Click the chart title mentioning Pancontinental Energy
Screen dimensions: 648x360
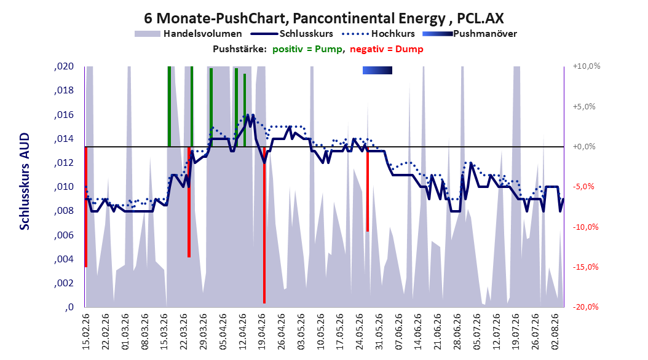[323, 18]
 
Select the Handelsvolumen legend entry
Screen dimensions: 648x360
[189, 34]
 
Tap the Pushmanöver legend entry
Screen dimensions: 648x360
[470, 34]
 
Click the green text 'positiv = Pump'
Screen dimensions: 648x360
[307, 49]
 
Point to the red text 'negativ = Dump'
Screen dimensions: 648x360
[387, 49]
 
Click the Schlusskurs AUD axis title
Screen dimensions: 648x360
[25, 181]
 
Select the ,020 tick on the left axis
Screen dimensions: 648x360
[64, 66]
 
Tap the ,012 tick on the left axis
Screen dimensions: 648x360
[64, 163]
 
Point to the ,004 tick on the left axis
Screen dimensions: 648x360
[64, 259]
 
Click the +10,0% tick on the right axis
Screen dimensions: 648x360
[587, 66]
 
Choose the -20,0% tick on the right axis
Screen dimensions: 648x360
[585, 307]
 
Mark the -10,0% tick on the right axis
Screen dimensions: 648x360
[585, 227]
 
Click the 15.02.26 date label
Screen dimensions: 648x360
[86, 332]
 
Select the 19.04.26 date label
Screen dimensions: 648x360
[262, 332]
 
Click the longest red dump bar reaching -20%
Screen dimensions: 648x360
[264, 225]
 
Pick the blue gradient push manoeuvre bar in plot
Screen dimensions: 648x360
[377, 70]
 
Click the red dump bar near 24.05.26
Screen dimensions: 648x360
[368, 189]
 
